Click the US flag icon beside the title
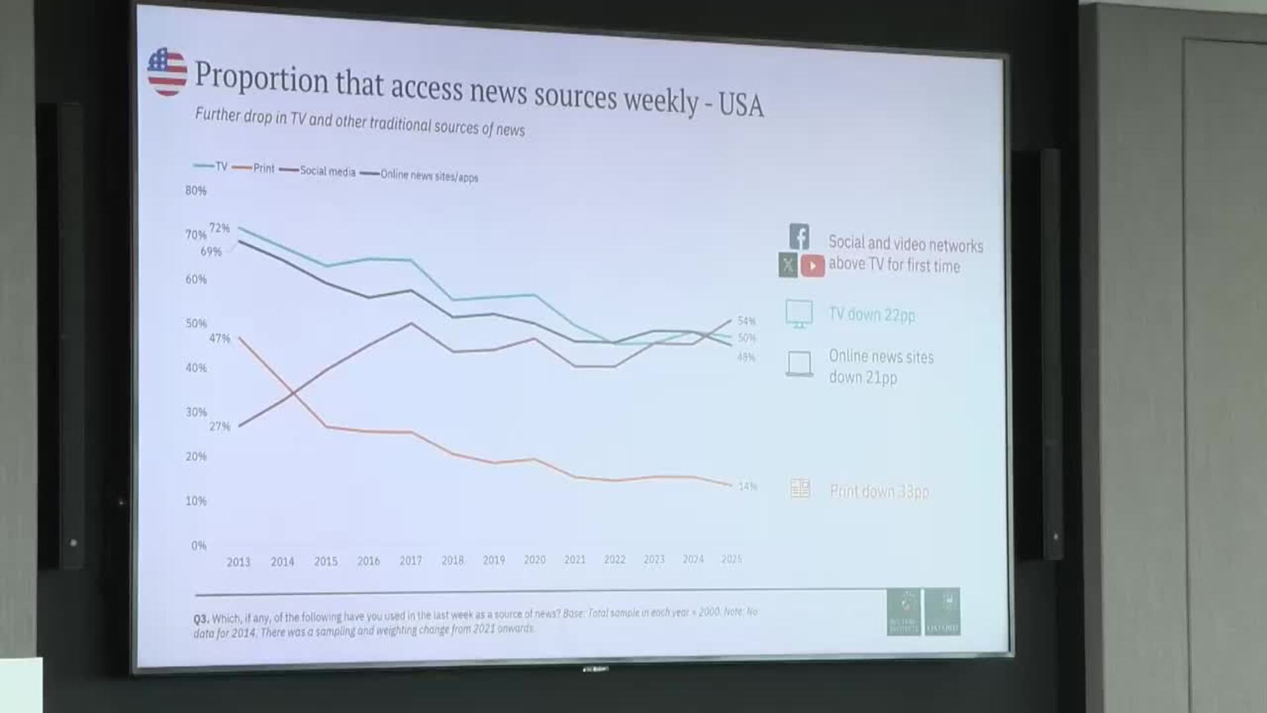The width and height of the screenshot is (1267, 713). coord(167,72)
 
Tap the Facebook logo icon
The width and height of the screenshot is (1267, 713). coord(799,236)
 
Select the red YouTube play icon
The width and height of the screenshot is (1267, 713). coord(812,265)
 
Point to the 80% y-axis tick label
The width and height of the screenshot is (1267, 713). coord(196,191)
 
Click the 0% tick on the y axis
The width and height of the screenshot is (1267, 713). coord(199,545)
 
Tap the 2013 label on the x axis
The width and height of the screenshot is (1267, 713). coord(238,562)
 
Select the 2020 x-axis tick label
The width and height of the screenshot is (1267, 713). coord(535,560)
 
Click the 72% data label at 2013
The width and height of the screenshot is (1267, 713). coord(220,228)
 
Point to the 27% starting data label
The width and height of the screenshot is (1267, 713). coord(220,426)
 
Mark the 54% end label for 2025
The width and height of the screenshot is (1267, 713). coord(746,321)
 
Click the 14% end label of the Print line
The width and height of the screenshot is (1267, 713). coord(748,487)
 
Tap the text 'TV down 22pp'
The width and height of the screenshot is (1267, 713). coord(872,315)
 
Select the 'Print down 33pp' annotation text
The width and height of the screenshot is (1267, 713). coord(879,491)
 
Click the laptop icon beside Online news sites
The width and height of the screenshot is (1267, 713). coord(799,364)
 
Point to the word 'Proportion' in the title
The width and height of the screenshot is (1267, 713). coord(261,78)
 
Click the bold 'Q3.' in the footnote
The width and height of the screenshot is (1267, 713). coord(201,619)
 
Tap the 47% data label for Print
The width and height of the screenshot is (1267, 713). coord(220,339)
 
